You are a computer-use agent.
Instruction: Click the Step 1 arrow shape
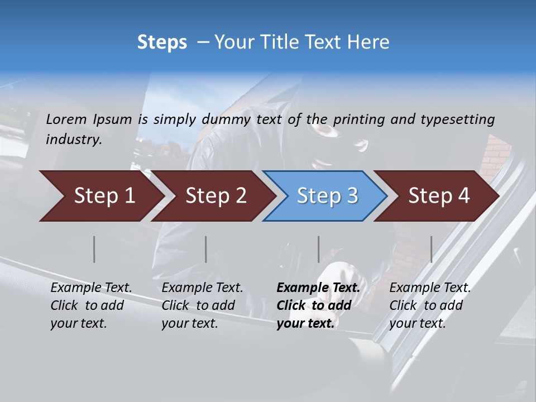[100, 196]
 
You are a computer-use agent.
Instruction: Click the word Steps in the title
[162, 42]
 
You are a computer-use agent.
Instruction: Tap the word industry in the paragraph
[73, 139]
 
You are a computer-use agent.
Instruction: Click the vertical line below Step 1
[94, 249]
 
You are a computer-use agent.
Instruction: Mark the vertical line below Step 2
[206, 249]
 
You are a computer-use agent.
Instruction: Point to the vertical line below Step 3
[319, 249]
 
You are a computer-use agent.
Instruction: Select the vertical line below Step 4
[432, 249]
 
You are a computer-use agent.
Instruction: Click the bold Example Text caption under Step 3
[318, 305]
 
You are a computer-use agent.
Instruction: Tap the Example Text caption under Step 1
[91, 305]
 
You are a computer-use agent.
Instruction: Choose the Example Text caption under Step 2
[202, 305]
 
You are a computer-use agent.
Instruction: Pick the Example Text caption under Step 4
[430, 305]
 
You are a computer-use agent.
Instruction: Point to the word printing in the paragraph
[354, 119]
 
